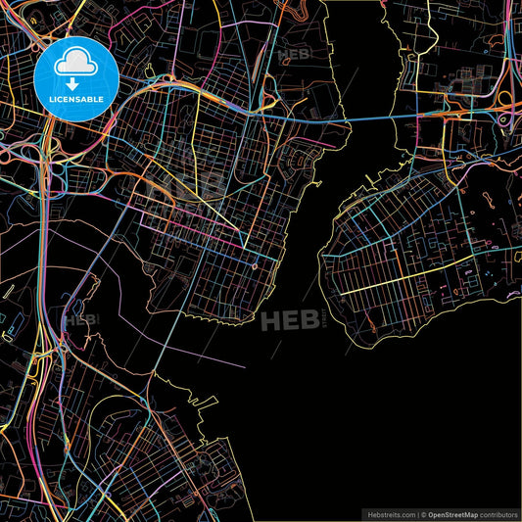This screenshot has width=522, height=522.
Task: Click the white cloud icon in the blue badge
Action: click(x=75, y=62)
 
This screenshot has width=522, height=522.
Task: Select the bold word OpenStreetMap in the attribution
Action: click(x=456, y=513)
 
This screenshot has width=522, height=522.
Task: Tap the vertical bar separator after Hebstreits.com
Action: click(x=418, y=513)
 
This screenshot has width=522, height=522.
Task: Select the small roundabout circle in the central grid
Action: click(x=255, y=265)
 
